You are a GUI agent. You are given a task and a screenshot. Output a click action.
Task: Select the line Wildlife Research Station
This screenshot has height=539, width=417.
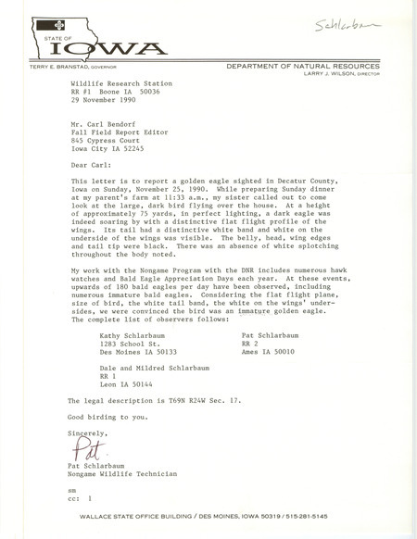tap(116, 81)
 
